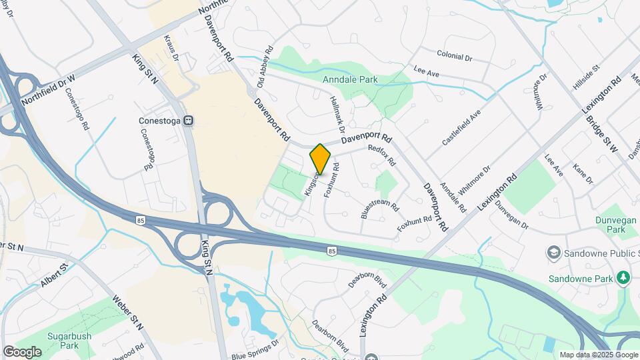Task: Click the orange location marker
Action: [x=320, y=158]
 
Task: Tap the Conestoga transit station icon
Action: [x=189, y=121]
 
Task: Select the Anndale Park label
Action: [x=350, y=80]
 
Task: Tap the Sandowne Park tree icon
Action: [x=624, y=277]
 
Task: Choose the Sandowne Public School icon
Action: [x=553, y=253]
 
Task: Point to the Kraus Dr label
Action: [x=172, y=49]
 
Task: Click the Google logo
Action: [x=22, y=351]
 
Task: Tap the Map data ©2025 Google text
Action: [x=597, y=355]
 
